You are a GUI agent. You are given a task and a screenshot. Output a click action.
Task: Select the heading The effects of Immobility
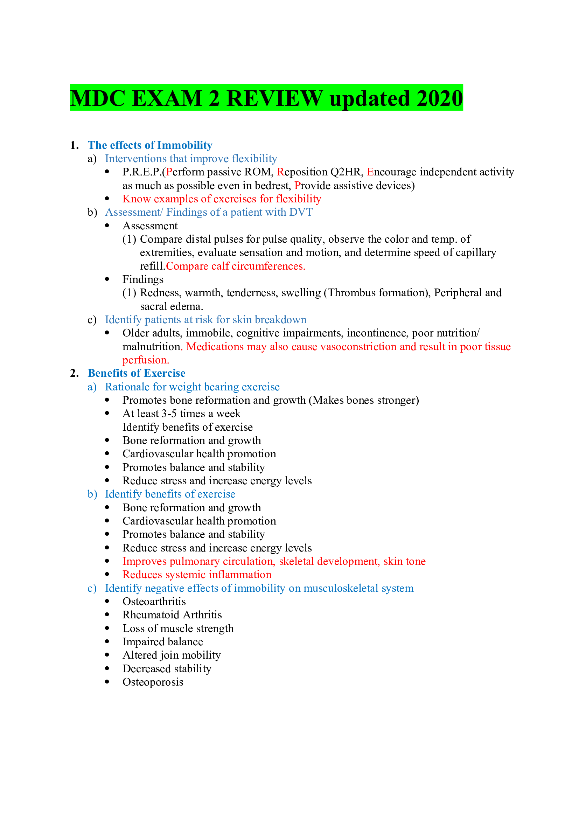(150, 145)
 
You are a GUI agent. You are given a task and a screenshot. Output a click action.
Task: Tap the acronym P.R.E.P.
(142, 172)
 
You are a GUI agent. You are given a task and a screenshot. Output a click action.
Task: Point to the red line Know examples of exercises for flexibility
(221, 199)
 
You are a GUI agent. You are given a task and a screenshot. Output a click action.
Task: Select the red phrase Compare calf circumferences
(235, 266)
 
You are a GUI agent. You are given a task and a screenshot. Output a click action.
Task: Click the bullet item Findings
(142, 279)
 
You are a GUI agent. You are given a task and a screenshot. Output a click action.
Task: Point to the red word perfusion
(146, 360)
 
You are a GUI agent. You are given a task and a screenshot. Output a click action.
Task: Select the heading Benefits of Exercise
(136, 373)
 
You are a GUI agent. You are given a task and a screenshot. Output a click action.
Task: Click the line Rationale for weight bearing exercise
(192, 387)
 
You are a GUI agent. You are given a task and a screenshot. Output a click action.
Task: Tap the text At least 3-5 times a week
(181, 414)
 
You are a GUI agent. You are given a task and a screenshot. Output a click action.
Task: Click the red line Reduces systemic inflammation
(197, 575)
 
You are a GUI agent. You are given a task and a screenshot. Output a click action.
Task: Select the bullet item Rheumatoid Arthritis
(172, 615)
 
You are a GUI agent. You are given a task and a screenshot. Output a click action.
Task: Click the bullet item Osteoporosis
(153, 682)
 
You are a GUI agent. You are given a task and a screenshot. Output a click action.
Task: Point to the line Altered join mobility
(172, 655)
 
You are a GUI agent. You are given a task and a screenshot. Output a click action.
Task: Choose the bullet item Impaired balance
(162, 642)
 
